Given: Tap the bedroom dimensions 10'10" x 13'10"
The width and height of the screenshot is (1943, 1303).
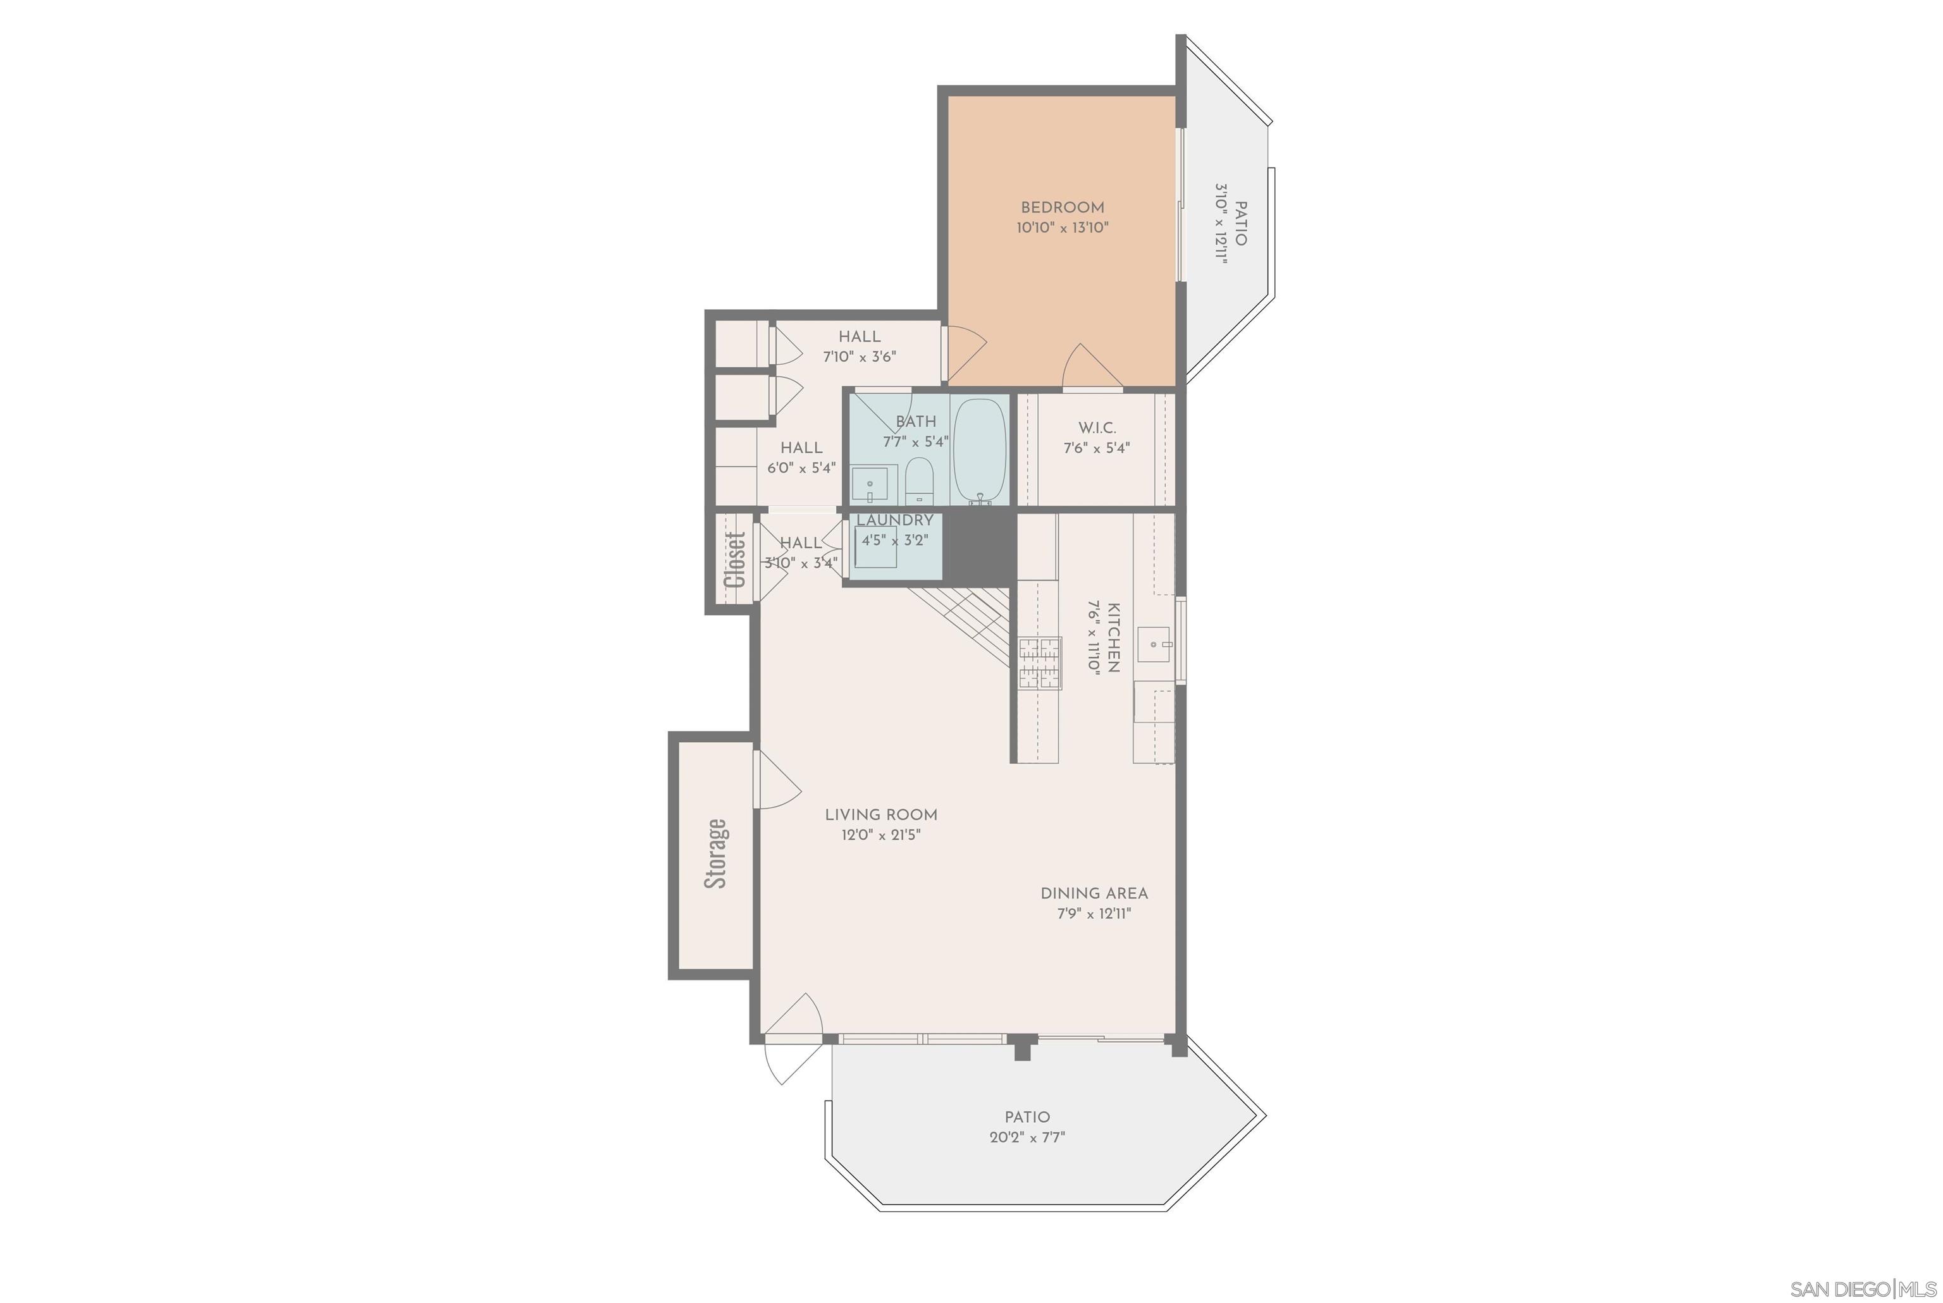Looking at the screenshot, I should click(x=1062, y=228).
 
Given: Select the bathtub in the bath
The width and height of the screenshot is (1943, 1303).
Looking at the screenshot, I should click(x=979, y=449).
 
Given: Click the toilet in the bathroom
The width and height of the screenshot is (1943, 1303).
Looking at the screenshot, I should click(x=919, y=480).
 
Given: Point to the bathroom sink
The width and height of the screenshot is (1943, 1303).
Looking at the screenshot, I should click(x=870, y=484).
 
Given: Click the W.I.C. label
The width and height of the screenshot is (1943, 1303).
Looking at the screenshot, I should click(x=1097, y=428).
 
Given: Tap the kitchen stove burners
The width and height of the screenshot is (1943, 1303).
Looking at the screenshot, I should click(x=1040, y=663).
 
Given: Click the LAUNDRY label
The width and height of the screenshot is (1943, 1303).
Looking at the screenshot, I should click(x=894, y=520).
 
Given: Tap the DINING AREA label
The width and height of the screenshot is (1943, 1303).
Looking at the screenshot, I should click(x=1094, y=893).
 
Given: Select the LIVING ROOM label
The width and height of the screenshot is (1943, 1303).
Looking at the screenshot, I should click(x=880, y=815).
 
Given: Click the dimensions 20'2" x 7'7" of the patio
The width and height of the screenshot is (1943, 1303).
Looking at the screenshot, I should click(x=1027, y=1137).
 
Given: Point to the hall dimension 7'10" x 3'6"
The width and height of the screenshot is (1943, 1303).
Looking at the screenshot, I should click(x=859, y=357).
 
